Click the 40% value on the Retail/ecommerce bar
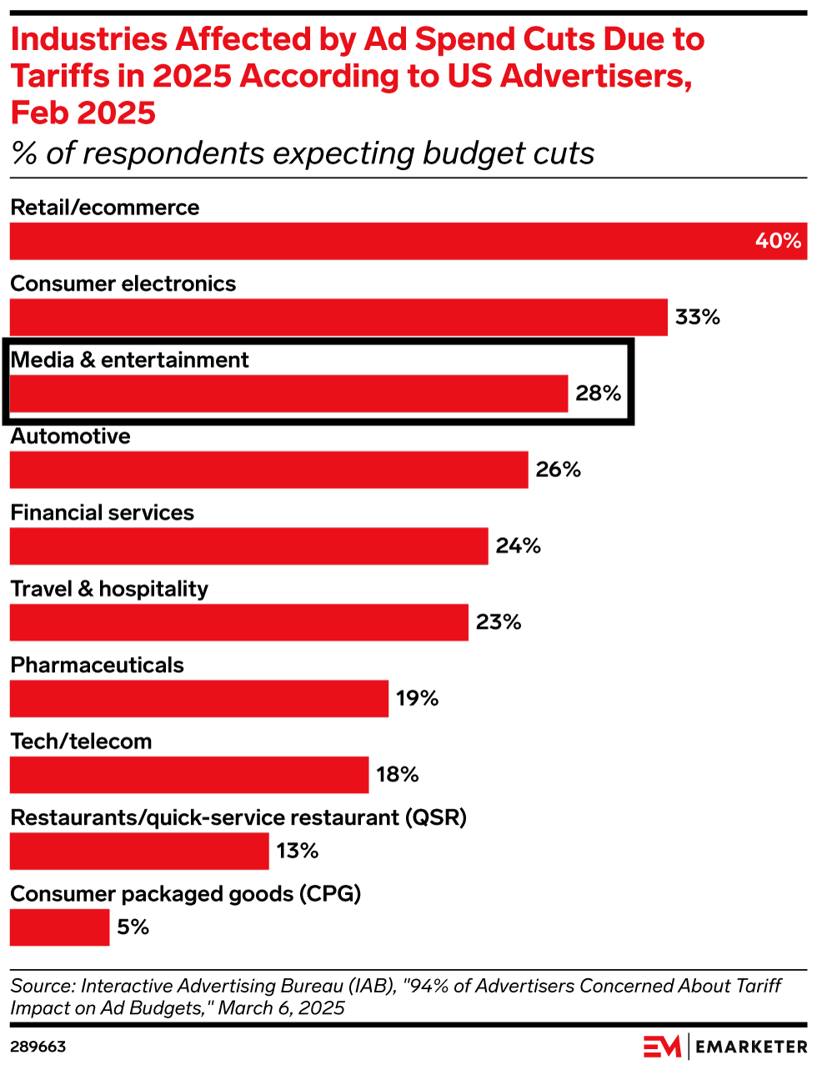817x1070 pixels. (778, 241)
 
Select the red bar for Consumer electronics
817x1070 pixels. (338, 318)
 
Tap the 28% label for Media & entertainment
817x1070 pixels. (598, 394)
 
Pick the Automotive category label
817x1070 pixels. (71, 436)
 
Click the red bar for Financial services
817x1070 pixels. (248, 546)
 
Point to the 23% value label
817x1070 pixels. (499, 622)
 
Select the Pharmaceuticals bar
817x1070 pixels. (198, 699)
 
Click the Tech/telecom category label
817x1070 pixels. (81, 741)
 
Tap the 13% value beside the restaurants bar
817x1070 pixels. (298, 851)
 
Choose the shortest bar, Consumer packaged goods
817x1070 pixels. (59, 927)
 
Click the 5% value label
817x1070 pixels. (133, 927)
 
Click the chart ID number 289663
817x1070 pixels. (38, 1047)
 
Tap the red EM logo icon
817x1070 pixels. (662, 1047)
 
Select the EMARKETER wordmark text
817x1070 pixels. (751, 1047)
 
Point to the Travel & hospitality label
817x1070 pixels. (109, 589)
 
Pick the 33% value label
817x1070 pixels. (697, 318)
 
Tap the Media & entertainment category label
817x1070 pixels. (130, 360)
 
